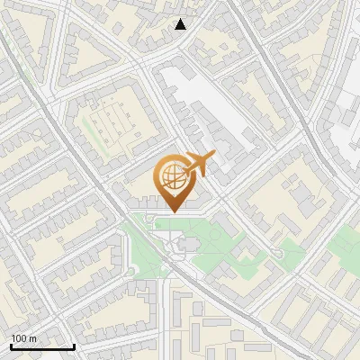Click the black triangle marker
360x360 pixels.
[x=181, y=24]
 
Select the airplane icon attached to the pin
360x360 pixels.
[x=198, y=165]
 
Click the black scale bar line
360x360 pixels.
[x=42, y=346]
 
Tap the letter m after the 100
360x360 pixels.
[x=33, y=338]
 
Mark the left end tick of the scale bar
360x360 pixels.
[x=11, y=345]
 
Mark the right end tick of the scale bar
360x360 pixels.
[x=74, y=345]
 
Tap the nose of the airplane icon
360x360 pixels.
[x=213, y=157]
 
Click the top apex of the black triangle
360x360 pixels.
[x=181, y=19]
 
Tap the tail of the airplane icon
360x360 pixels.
[x=187, y=170]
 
